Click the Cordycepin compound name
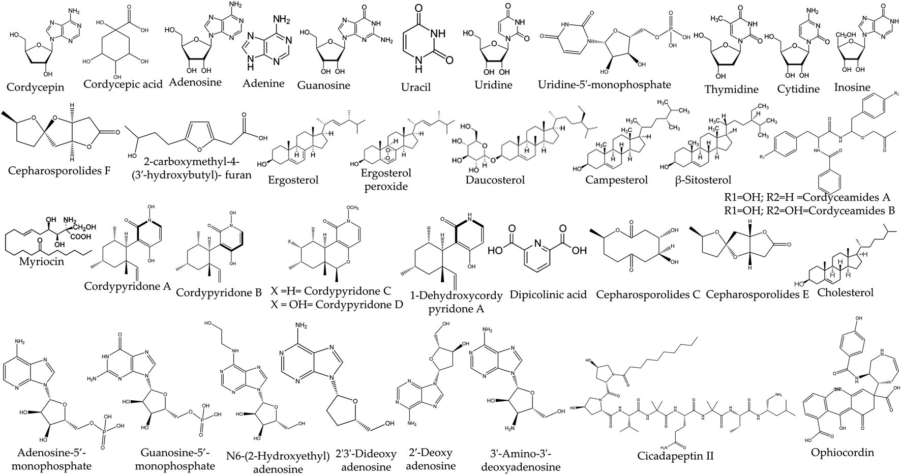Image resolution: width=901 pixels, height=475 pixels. tap(35, 86)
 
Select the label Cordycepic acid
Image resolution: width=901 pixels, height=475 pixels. tap(123, 84)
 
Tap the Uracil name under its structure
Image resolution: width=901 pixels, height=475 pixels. tap(416, 87)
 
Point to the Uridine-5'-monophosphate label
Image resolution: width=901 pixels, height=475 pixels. tap(605, 84)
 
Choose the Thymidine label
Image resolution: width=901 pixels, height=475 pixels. tap(731, 89)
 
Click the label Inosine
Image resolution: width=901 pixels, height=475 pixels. tap(852, 87)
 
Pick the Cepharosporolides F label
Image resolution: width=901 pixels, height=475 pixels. tap(59, 170)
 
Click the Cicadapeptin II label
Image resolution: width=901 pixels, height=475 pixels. tap(675, 455)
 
